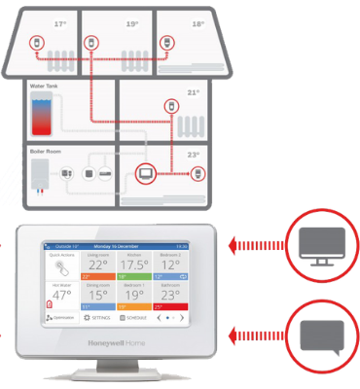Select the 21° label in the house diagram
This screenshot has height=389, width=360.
tap(193, 93)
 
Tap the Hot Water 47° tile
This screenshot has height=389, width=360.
tap(61, 294)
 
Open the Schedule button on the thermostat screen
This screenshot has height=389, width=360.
tap(134, 318)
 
